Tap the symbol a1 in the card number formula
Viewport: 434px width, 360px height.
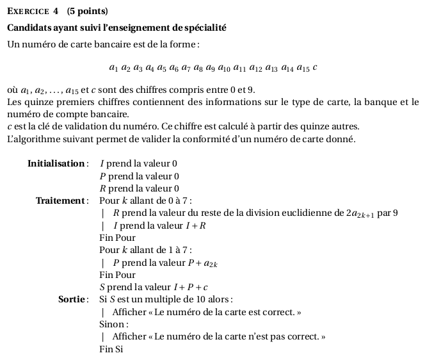113,67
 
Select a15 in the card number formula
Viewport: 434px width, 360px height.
303,67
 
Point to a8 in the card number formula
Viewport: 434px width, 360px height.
199,67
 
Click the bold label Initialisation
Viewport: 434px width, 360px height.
56,163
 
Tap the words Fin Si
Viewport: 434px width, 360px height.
111,349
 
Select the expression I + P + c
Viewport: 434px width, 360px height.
192,287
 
